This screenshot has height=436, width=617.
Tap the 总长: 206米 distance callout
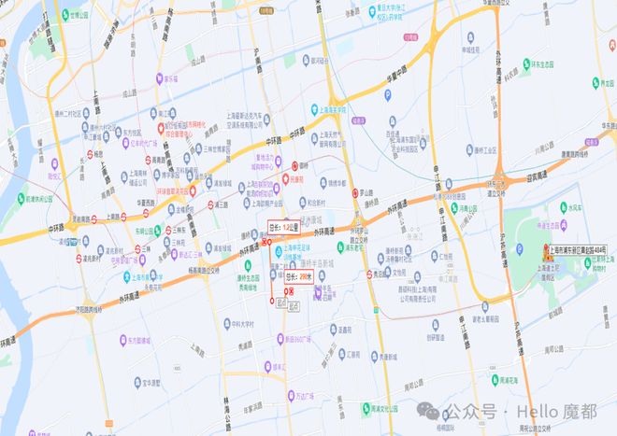[x=297, y=277]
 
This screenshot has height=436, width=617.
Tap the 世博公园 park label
[x=80, y=16]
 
